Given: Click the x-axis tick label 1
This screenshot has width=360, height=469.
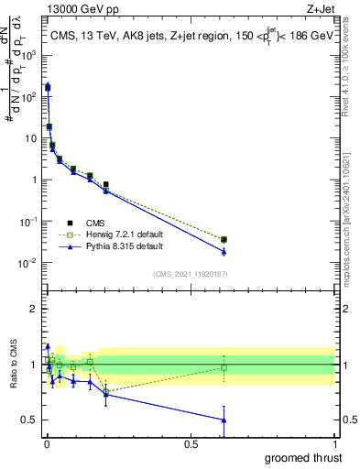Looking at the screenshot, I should (335, 443).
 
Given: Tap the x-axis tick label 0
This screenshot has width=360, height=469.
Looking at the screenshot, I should (46, 443).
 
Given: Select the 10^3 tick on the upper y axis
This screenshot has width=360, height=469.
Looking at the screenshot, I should (29, 54).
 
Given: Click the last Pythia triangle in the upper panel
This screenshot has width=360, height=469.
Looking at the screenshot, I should (224, 252).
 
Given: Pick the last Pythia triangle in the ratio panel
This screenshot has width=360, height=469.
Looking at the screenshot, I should (224, 420).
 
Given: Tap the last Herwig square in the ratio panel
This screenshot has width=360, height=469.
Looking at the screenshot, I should (224, 367).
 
